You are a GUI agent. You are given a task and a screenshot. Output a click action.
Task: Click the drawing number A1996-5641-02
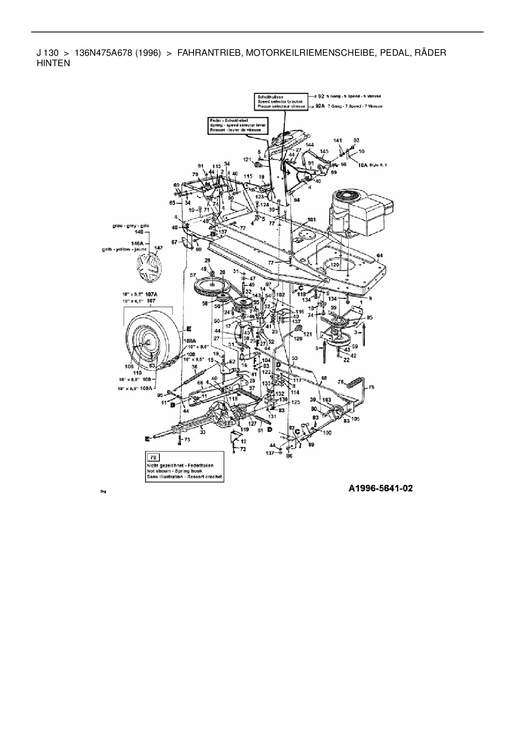click(380, 488)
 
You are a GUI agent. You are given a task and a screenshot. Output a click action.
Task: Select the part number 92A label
click(320, 106)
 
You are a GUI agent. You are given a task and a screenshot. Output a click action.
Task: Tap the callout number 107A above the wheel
click(151, 294)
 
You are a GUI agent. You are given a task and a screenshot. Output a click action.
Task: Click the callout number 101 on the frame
click(311, 219)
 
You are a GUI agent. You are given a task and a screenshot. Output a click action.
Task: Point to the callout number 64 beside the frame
click(379, 255)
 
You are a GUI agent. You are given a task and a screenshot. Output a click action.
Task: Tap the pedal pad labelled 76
click(352, 382)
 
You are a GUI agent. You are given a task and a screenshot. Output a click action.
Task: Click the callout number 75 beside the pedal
click(371, 387)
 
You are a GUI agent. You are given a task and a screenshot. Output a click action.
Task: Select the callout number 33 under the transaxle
click(203, 432)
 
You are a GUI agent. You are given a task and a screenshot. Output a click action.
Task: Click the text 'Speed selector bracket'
click(280, 102)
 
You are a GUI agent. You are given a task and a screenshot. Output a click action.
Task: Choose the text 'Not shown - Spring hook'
click(174, 471)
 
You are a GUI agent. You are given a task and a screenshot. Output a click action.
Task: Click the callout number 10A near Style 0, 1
click(362, 165)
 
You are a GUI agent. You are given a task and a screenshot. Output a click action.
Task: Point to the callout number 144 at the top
click(309, 144)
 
